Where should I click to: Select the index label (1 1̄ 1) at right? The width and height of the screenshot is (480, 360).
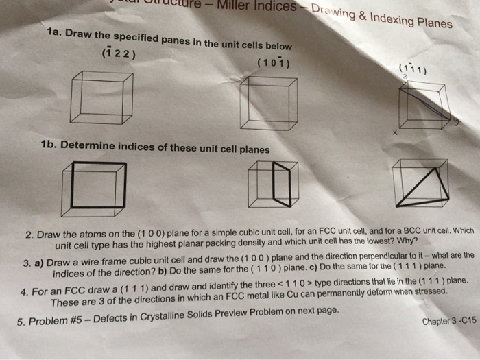click(x=412, y=69)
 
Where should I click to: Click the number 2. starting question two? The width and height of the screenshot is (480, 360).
click(x=29, y=235)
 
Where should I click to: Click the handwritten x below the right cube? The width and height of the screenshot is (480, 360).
click(x=396, y=134)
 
